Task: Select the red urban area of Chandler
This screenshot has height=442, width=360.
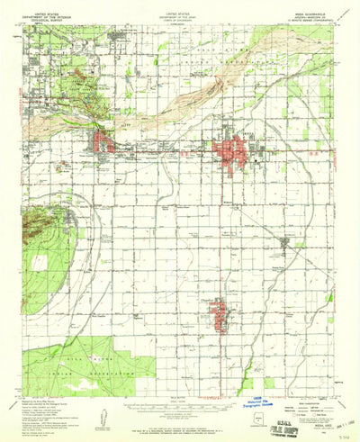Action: point(219,316)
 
